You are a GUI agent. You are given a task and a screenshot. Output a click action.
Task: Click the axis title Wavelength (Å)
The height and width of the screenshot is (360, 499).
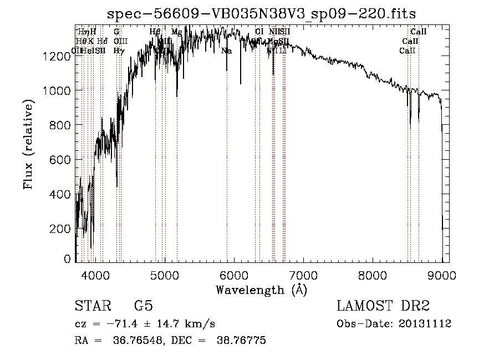pos(261,290)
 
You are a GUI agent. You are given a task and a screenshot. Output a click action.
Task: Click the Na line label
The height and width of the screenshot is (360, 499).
pos(226,51)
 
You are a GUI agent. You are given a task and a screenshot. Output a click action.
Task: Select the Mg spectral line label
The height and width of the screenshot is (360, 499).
pos(176,32)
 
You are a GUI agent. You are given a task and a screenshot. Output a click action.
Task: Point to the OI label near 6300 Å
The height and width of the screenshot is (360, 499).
pos(259,32)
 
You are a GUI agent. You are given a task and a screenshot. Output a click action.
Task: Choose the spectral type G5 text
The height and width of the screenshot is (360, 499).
pos(143,306)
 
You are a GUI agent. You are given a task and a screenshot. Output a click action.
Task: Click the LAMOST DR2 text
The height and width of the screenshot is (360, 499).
pos(383,306)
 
